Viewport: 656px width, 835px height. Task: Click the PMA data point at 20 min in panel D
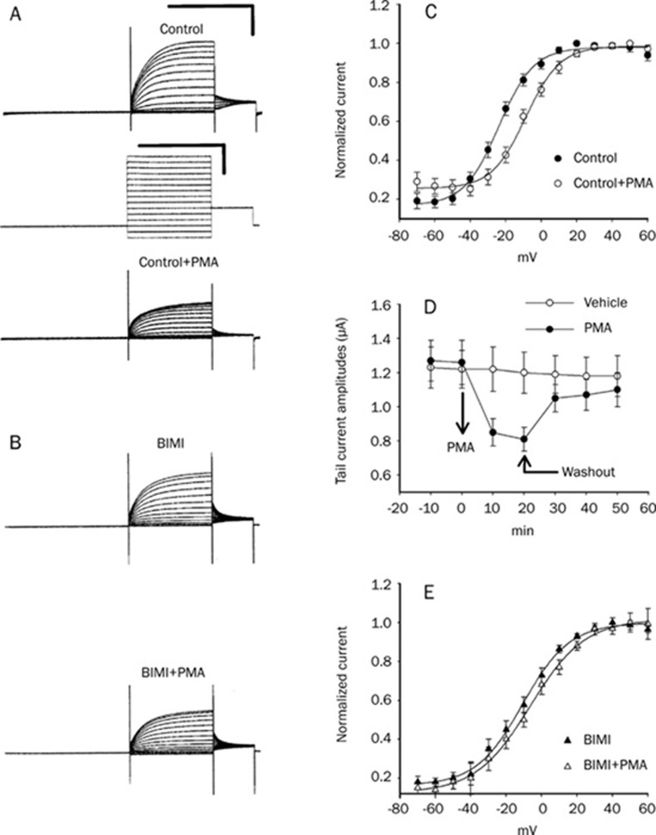523,438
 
